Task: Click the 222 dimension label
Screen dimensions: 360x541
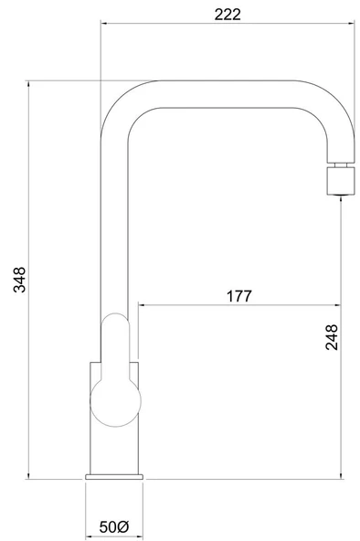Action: click(228, 15)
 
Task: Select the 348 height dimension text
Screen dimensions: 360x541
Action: click(19, 280)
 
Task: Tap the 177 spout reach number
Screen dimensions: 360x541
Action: click(239, 296)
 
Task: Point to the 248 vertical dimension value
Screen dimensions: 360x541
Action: click(332, 337)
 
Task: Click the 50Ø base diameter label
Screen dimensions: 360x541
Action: click(114, 527)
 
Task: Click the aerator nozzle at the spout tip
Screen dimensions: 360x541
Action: click(341, 181)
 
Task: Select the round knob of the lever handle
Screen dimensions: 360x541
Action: click(115, 401)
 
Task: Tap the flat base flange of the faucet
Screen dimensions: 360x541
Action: click(114, 477)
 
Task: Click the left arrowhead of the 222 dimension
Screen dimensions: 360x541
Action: click(103, 24)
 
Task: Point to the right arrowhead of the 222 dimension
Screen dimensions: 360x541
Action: click(352, 24)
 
